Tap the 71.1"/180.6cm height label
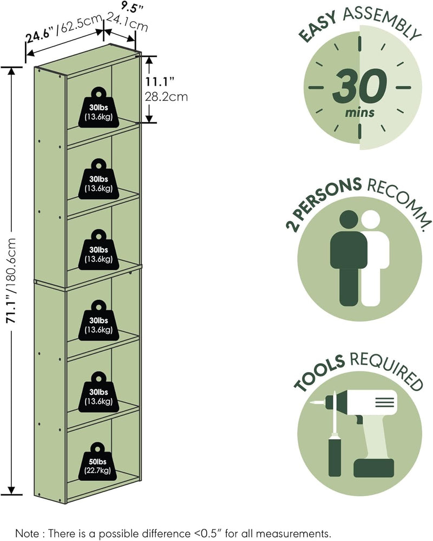tap(12, 280)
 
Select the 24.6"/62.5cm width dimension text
tap(64, 30)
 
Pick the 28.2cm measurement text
tap(166, 96)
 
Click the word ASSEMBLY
tap(382, 21)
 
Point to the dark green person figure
tap(349, 258)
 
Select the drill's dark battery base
tap(374, 468)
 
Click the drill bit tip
tap(311, 403)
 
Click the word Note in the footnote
tap(27, 533)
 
